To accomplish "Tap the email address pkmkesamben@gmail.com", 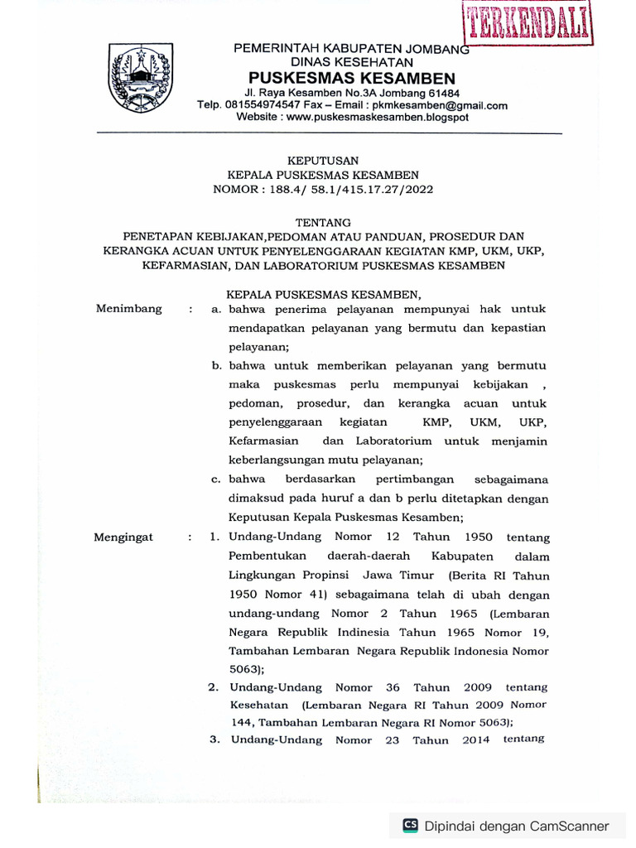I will (441, 105).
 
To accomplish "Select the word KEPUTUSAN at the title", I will (323, 161).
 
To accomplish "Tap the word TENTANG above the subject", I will (323, 222).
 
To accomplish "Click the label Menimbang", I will (128, 309).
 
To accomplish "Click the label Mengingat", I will (124, 537).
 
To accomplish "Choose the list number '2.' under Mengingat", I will (213, 687).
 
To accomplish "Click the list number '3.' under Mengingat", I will (214, 740).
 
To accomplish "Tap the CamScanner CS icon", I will (410, 825).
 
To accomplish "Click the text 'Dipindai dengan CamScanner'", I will (517, 826).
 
